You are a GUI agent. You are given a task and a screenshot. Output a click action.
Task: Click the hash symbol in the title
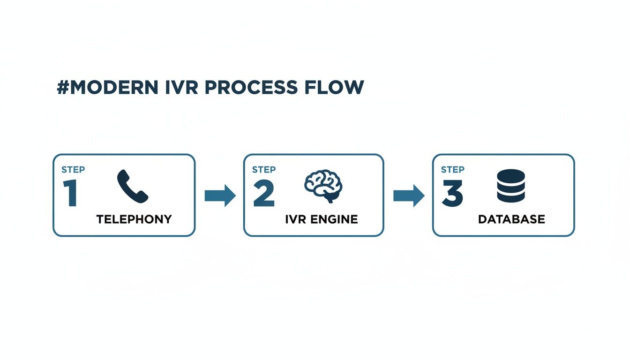click(63, 88)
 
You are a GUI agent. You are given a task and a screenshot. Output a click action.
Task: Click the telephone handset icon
click(132, 186)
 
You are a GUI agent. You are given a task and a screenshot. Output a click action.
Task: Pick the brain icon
click(323, 186)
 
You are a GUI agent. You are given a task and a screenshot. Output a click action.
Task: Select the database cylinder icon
click(510, 186)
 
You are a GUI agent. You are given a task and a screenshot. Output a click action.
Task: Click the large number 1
click(70, 194)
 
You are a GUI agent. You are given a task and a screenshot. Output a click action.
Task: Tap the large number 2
click(263, 194)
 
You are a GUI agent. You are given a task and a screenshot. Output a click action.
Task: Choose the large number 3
click(452, 194)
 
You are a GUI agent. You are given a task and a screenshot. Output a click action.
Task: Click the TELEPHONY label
click(134, 219)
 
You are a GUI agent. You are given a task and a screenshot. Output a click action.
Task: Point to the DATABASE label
click(511, 219)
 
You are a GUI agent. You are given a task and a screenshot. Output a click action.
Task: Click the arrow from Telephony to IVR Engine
click(220, 195)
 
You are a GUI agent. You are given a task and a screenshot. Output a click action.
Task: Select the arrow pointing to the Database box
click(408, 195)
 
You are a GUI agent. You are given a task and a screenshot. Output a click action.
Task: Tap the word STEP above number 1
click(73, 170)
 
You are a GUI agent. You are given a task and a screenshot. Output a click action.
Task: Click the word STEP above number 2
click(263, 170)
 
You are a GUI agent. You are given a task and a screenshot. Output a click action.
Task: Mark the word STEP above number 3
click(453, 170)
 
